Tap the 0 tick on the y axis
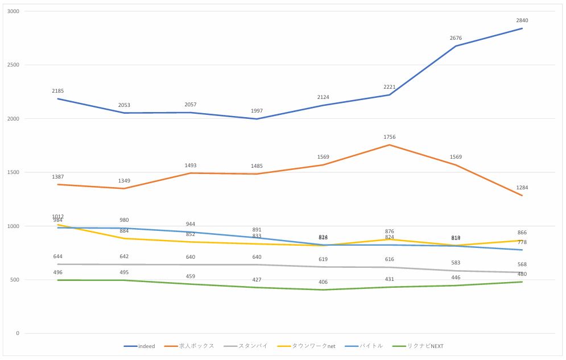click(16, 334)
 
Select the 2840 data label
click(522, 20)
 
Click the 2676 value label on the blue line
click(456, 38)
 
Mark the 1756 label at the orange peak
click(389, 137)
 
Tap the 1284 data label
click(522, 188)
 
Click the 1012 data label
click(57, 216)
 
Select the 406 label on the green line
click(323, 282)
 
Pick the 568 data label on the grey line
click(522, 264)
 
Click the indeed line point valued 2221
click(389, 95)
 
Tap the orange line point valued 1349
click(123, 188)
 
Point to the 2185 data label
click(57, 91)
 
